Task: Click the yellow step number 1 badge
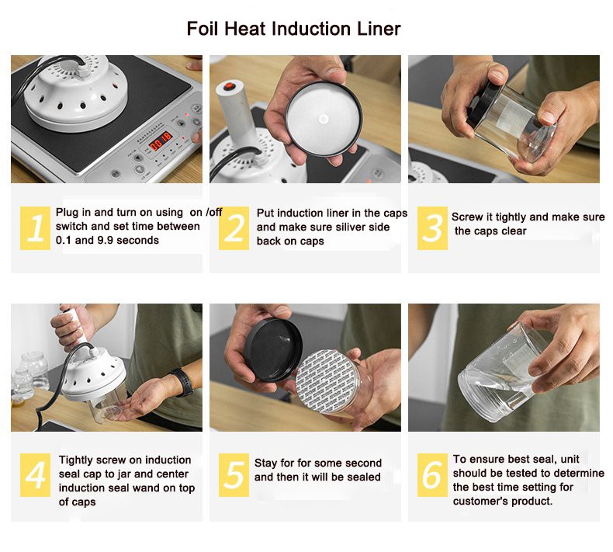click(x=35, y=228)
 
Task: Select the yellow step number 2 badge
click(x=234, y=228)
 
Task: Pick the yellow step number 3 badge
click(x=432, y=228)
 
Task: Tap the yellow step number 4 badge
click(x=35, y=475)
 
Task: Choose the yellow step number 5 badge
click(x=234, y=475)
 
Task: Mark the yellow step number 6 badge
click(x=432, y=475)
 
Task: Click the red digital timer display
click(x=161, y=141)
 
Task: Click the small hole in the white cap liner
click(x=324, y=119)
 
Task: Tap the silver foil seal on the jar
click(x=326, y=381)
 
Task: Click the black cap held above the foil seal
click(x=273, y=349)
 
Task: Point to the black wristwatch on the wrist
click(x=184, y=382)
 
